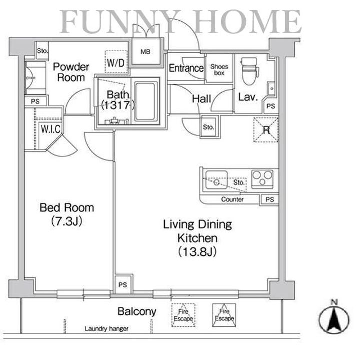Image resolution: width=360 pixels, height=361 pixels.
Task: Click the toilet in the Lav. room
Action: coord(250,71)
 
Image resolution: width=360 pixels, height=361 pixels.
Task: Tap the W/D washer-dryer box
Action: coord(116,62)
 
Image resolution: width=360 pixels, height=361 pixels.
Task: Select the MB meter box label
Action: coord(145,52)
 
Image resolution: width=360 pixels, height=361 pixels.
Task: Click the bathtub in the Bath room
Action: coord(145,101)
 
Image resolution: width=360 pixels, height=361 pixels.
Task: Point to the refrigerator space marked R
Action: coord(266,130)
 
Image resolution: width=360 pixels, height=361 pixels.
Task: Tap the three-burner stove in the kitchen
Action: coord(262,179)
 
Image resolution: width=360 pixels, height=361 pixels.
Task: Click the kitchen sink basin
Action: coord(216,180)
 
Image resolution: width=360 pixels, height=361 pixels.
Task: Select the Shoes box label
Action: coord(219,70)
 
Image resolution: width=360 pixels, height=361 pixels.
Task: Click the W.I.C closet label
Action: coord(51,129)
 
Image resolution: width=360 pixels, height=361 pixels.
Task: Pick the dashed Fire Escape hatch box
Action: coord(183,315)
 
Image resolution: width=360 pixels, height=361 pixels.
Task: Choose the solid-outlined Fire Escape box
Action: coord(224,315)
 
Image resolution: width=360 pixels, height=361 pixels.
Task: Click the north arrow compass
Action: coord(334,318)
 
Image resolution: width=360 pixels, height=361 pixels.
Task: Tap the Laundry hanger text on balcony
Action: coord(106,329)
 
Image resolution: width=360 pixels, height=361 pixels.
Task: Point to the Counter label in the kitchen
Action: coord(232,199)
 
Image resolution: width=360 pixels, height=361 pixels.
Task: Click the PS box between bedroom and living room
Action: coord(123,284)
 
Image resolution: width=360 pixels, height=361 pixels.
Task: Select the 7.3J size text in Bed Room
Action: coord(67,221)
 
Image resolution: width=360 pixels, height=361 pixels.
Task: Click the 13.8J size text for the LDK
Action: coord(197,251)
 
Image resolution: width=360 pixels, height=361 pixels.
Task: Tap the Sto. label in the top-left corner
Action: coord(42,51)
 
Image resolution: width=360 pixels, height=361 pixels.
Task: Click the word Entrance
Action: coord(186,68)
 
